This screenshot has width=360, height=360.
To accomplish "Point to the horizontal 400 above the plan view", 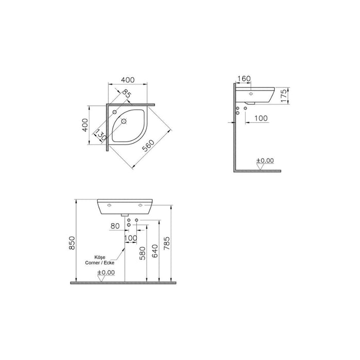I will click(x=128, y=80).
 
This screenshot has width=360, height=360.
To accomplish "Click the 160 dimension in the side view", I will click(x=245, y=79).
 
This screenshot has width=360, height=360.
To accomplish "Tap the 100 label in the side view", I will click(x=261, y=118).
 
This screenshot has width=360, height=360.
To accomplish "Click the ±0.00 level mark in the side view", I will click(x=266, y=160).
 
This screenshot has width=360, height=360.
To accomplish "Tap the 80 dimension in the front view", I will click(x=115, y=225).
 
